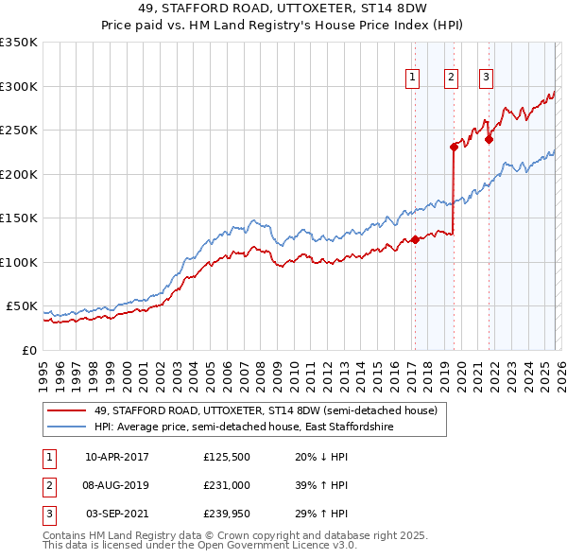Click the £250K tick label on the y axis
pyautogui.click(x=19, y=130)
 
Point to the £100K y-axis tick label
pyautogui.click(x=19, y=262)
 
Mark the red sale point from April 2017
pyautogui.click(x=415, y=240)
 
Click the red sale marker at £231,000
pyautogui.click(x=454, y=147)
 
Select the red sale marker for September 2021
pyautogui.click(x=489, y=139)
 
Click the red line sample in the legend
pyautogui.click(x=66, y=411)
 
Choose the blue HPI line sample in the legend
pyautogui.click(x=66, y=427)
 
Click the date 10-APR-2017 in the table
pyautogui.click(x=117, y=458)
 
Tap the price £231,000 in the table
pyautogui.click(x=227, y=485)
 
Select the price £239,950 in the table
pyautogui.click(x=227, y=513)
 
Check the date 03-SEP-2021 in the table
pyautogui.click(x=117, y=513)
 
